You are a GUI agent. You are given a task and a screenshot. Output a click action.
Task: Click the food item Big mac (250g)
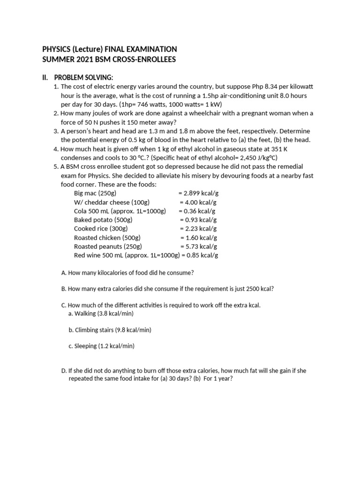[x=95, y=193]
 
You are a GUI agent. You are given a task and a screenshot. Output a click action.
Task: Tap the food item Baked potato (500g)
[x=103, y=220]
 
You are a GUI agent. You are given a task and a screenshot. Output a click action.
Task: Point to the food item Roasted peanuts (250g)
[x=108, y=247]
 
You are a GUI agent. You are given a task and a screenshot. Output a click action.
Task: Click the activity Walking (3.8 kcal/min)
[x=101, y=314]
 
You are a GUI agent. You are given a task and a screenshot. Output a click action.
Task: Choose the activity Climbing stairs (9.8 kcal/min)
[x=110, y=330]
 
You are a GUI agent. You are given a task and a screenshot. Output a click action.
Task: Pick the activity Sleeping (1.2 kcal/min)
[x=101, y=346]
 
